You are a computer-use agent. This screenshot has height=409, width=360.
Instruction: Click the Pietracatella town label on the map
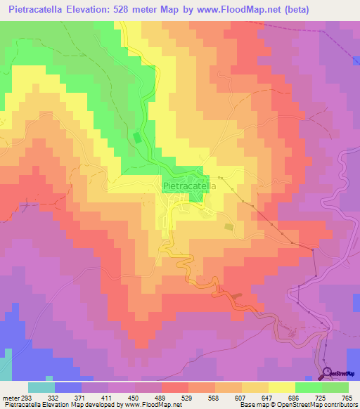pyautogui.click(x=188, y=186)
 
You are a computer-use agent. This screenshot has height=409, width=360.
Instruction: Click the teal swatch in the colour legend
pyautogui.click(x=41, y=387)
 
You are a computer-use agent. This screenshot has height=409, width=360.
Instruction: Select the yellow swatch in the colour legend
pyautogui.click(x=281, y=387)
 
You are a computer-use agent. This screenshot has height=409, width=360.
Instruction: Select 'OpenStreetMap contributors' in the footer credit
pyautogui.click(x=322, y=405)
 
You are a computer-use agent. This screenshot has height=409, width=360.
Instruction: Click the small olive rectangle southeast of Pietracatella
pyautogui.click(x=228, y=226)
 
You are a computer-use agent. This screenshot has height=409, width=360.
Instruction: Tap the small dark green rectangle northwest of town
pyautogui.click(x=137, y=138)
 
